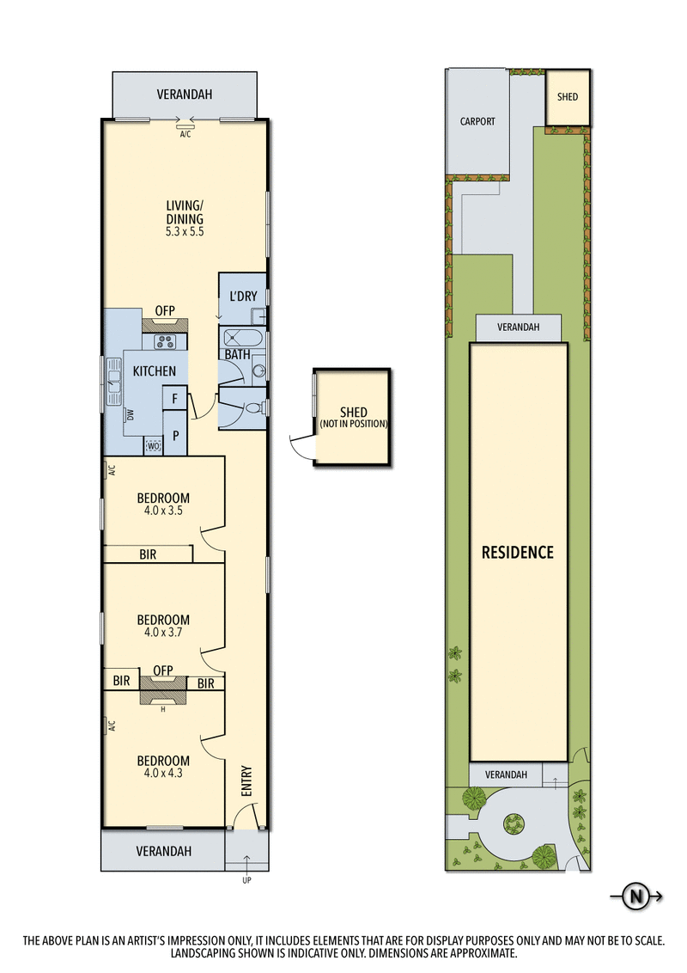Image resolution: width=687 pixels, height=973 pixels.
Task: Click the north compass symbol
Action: (x=636, y=897)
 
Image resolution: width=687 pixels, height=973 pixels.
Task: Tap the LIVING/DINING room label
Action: (x=185, y=212)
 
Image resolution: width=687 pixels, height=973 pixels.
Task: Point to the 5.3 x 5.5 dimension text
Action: (x=185, y=231)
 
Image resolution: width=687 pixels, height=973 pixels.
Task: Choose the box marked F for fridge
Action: (x=175, y=399)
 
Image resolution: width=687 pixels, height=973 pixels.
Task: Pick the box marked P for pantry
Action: (x=175, y=436)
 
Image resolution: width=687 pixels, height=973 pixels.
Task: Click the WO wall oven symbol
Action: (x=154, y=446)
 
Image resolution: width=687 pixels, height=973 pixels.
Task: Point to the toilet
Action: (x=254, y=410)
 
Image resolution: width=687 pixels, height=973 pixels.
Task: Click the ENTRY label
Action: (x=246, y=780)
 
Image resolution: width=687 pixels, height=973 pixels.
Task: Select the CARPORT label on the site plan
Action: (x=477, y=122)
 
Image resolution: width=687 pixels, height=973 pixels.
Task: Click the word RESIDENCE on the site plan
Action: (x=517, y=553)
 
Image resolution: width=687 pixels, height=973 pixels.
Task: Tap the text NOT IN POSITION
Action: (x=353, y=425)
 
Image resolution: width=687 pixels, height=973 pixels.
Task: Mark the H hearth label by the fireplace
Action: (x=163, y=709)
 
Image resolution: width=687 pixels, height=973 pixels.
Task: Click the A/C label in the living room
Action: (x=185, y=135)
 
